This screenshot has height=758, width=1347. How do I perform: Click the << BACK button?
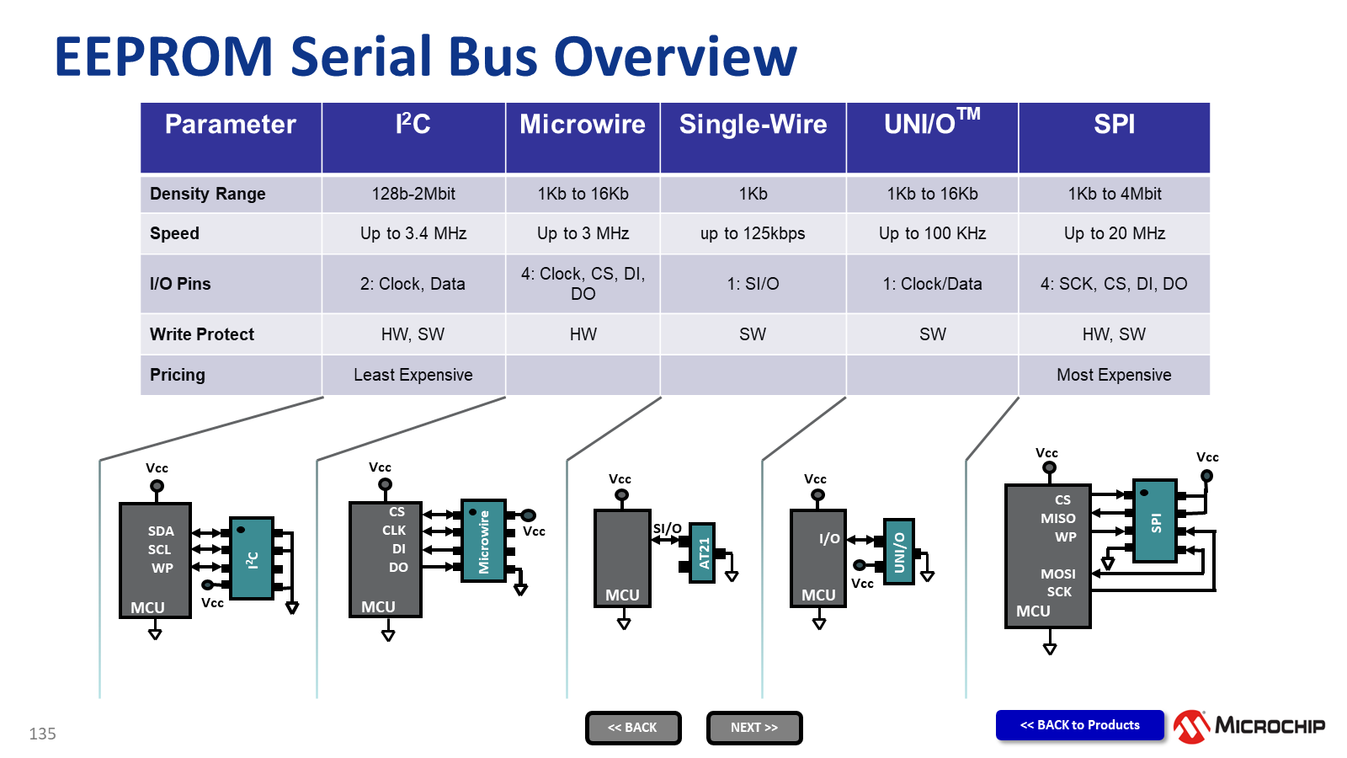coord(633,728)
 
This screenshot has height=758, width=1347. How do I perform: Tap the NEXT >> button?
coord(754,728)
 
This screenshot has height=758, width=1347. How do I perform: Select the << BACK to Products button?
coord(1080,725)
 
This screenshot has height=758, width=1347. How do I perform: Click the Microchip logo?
coord(1249,726)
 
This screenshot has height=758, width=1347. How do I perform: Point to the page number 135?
coord(42,734)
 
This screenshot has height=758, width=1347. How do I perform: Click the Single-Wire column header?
coord(753,125)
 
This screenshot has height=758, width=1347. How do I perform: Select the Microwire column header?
coord(583,125)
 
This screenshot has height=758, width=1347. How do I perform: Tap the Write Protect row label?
coord(202,334)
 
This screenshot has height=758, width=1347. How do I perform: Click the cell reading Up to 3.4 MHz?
coord(413,233)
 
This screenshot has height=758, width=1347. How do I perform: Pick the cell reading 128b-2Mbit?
coord(413,194)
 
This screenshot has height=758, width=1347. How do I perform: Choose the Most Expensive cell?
coord(1114,375)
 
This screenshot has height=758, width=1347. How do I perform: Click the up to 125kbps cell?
coord(753,233)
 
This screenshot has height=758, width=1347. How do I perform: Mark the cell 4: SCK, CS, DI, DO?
coord(1114,284)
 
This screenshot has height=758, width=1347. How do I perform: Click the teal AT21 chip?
coord(703,552)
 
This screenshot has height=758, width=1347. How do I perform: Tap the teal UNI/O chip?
coord(898,551)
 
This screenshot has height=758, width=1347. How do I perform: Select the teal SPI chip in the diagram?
coord(1155,520)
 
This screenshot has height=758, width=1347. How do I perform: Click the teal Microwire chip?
coord(483,541)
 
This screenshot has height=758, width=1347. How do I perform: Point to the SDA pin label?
coord(161,531)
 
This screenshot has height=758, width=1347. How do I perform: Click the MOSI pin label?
coord(1058,574)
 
